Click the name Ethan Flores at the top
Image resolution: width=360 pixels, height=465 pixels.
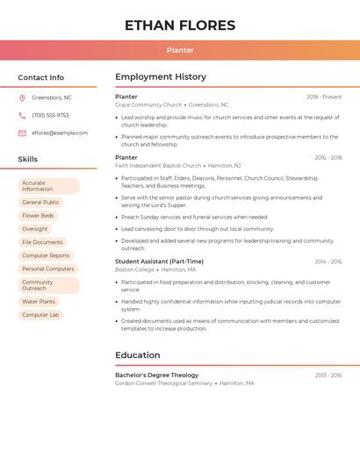(180, 25)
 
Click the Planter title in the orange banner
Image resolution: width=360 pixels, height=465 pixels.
(180, 50)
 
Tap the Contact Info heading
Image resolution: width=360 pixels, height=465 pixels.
(40, 77)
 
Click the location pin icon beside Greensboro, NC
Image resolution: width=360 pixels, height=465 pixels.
(22, 97)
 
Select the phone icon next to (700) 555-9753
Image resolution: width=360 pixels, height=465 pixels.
(22, 115)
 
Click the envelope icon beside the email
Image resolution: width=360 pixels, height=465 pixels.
(22, 133)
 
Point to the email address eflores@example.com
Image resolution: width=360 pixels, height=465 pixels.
(60, 133)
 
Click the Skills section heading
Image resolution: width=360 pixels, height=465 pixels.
(28, 159)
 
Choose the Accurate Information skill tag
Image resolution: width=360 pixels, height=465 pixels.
(48, 186)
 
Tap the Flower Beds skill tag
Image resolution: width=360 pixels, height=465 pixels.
(38, 215)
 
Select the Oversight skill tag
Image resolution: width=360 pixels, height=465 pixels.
(35, 229)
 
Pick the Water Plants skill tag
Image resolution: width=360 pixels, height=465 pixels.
(39, 302)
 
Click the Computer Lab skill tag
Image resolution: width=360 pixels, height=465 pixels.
(40, 315)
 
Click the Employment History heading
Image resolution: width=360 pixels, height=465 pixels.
(161, 77)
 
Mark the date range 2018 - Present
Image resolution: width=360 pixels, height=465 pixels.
(324, 97)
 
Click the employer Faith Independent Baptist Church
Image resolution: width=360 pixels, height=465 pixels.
(158, 165)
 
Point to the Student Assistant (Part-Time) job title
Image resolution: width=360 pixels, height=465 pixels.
(159, 261)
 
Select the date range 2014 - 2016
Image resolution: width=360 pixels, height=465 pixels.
(328, 261)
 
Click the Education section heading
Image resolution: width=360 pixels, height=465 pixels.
(137, 355)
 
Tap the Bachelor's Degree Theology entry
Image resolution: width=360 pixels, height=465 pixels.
(157, 375)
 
